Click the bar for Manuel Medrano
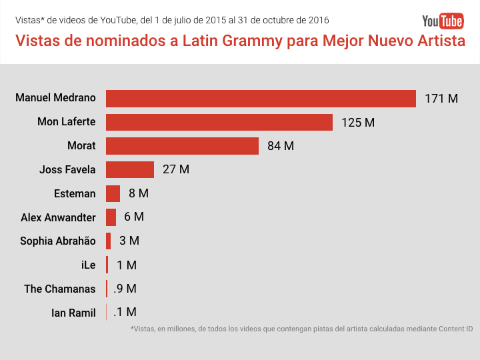click(261, 98)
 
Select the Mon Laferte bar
click(219, 122)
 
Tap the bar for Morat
click(182, 146)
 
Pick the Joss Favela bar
click(130, 169)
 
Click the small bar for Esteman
click(113, 193)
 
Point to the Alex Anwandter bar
click(111, 217)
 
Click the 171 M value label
click(441, 99)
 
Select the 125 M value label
click(358, 123)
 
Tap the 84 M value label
click(281, 146)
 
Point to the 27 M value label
click(176, 169)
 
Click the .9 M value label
click(125, 289)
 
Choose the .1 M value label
click(125, 312)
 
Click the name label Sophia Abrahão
click(58, 241)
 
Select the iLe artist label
click(88, 265)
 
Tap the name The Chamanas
click(60, 289)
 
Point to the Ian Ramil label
click(73, 313)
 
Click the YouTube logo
click(443, 21)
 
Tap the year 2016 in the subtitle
click(317, 21)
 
